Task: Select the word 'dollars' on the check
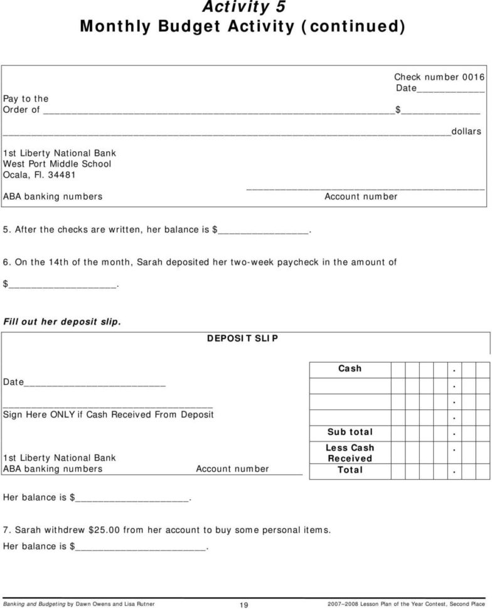tap(466, 132)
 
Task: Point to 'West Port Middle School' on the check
tap(57, 164)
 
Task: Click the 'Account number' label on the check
tap(361, 197)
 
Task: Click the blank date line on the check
tap(451, 89)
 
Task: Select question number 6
tap(6, 262)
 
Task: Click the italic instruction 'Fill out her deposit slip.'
tap(61, 321)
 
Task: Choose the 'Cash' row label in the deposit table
tap(350, 369)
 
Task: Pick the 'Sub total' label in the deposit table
tap(350, 432)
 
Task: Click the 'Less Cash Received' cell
tap(350, 453)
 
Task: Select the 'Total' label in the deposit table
tap(350, 470)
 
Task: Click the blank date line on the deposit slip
tap(94, 382)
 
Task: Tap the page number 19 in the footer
tap(245, 604)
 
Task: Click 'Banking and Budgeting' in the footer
tap(34, 603)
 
